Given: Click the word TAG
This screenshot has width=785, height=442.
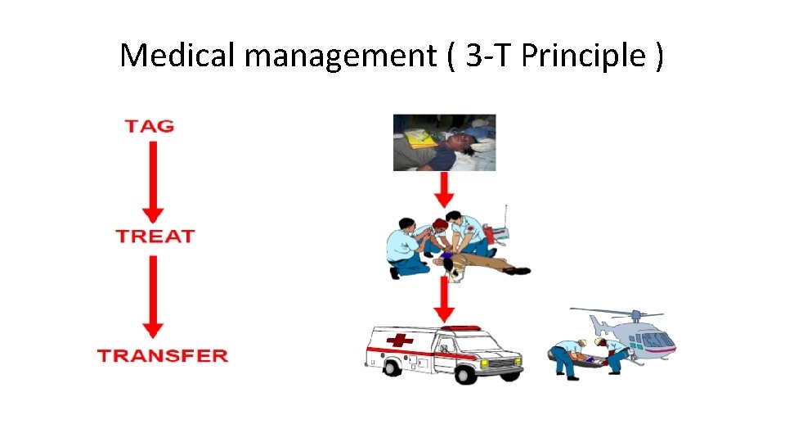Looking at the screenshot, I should (x=150, y=126).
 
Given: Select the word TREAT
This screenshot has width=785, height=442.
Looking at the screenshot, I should (x=155, y=237).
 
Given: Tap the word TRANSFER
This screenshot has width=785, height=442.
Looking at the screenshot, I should (x=162, y=355).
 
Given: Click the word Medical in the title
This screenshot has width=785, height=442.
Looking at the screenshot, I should (x=177, y=56).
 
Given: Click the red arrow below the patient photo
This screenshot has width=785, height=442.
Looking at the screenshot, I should (x=443, y=189).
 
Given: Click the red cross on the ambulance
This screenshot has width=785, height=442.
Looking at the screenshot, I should (x=399, y=341).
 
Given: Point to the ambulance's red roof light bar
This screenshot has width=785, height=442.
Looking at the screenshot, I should (x=464, y=328).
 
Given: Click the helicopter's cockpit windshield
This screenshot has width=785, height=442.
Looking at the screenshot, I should (x=663, y=338).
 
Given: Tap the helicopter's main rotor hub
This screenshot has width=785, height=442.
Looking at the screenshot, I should (x=633, y=314).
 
